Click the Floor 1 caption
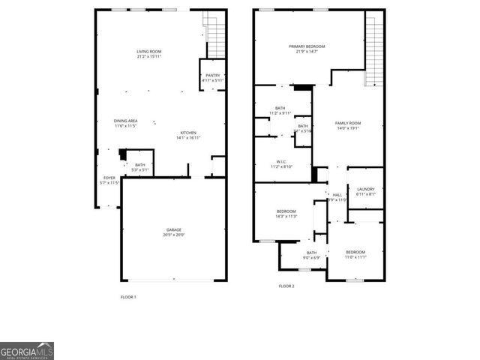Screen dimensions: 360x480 point(128,297)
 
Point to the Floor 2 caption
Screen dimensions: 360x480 point(286,286)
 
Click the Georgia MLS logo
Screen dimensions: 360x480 point(26,351)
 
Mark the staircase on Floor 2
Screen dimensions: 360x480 point(374,49)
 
